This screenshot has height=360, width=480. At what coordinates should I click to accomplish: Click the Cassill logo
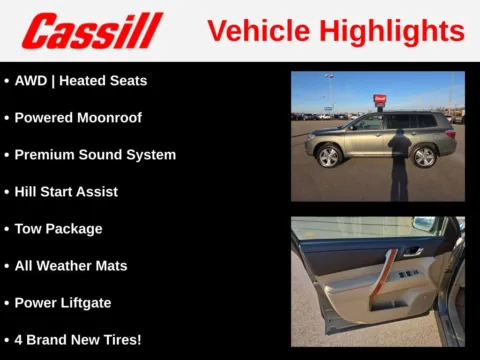92,31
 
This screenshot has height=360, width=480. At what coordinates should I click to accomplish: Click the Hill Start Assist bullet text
66,191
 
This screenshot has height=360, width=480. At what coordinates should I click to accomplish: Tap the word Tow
29,228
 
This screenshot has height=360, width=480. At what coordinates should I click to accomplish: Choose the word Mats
110,265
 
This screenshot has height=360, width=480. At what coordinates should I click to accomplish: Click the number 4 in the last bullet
19,339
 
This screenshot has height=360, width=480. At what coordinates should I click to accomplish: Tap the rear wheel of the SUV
424,156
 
